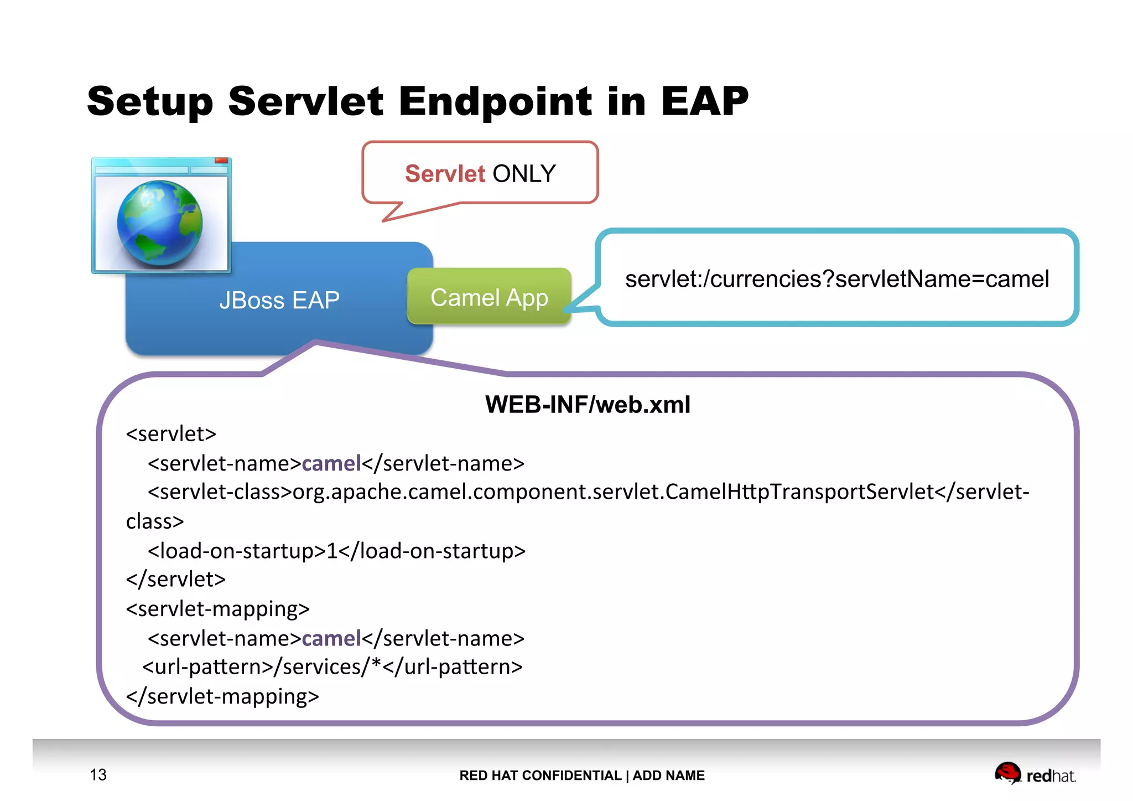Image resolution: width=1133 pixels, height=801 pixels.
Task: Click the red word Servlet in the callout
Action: (x=445, y=174)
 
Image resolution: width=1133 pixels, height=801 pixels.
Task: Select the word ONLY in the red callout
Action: (x=524, y=174)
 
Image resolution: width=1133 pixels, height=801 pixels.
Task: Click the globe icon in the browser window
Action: (x=160, y=223)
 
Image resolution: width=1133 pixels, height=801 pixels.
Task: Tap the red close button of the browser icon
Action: (x=221, y=161)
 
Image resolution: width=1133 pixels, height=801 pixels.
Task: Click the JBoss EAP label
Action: (x=279, y=301)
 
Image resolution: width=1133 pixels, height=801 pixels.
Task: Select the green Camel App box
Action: (x=489, y=298)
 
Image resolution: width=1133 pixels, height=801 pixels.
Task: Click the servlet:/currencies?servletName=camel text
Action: (x=836, y=279)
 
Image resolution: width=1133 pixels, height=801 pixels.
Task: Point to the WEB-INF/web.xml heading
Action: (x=588, y=405)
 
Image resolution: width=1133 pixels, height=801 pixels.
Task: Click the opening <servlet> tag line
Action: (x=171, y=434)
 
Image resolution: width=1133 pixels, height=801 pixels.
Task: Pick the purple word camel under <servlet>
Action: (x=331, y=463)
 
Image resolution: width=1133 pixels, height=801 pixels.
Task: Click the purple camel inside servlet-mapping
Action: (x=331, y=639)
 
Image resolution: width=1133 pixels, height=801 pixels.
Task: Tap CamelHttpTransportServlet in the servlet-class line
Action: (x=799, y=492)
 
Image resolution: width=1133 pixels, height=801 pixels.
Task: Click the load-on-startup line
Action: (x=336, y=551)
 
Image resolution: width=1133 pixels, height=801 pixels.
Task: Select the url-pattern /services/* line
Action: (x=332, y=667)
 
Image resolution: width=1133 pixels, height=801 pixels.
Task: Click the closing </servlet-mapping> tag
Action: (x=222, y=696)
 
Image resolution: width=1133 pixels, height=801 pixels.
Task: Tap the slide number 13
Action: (x=98, y=774)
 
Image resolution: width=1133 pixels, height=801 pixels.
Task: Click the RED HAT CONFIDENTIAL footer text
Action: (x=540, y=776)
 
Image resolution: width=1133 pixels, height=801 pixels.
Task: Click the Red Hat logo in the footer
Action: (x=1035, y=774)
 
